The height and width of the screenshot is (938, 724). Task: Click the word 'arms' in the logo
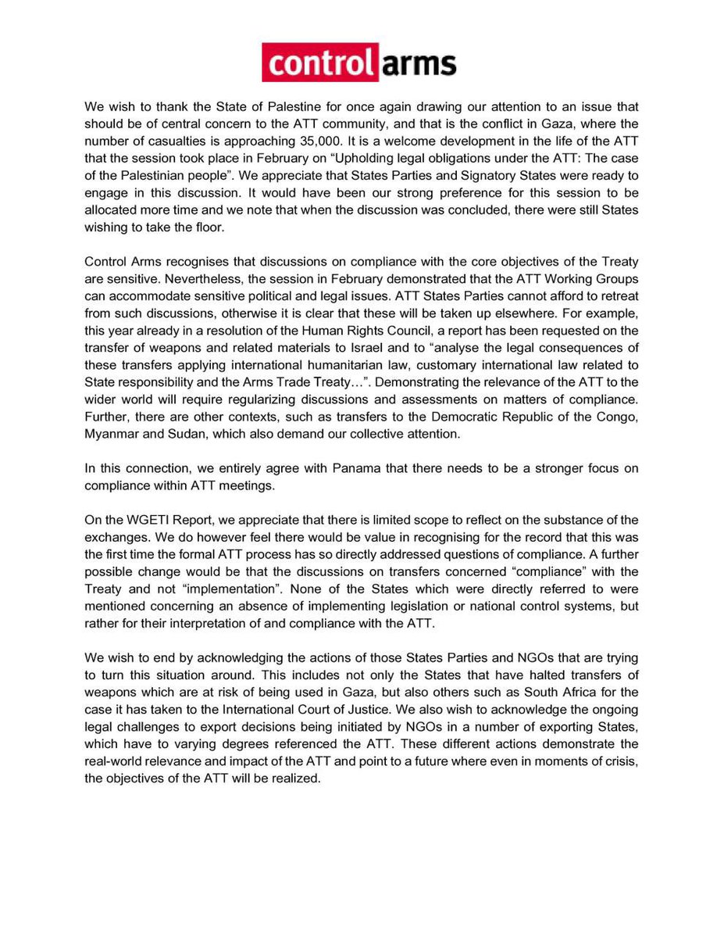click(418, 63)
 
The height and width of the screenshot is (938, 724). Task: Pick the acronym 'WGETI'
click(148, 520)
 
